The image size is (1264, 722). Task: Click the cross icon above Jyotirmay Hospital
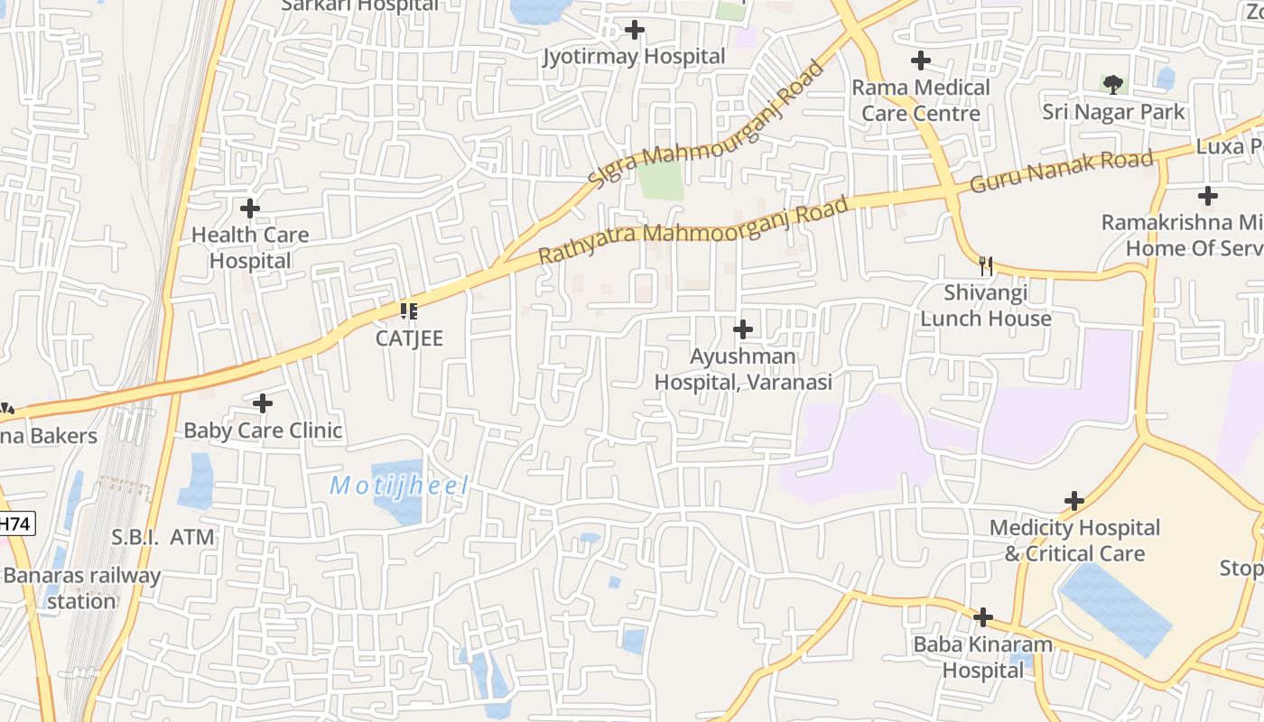point(635,31)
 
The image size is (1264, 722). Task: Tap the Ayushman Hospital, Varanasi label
point(743,369)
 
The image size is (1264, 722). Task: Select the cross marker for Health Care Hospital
point(250,208)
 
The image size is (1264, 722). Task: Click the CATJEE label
point(410,338)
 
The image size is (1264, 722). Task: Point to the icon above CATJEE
point(409,311)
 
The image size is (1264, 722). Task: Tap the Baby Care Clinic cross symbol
point(263,403)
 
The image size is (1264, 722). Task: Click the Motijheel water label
point(399,486)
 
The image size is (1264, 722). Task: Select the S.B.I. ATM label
point(163,538)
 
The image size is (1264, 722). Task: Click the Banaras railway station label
point(82,588)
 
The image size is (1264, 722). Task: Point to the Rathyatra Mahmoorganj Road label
point(693,231)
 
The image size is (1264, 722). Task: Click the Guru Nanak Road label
point(1062,171)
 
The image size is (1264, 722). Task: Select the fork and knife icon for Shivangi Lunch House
point(986,266)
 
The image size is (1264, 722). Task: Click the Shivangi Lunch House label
point(986,306)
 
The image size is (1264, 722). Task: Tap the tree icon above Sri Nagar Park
point(1113,85)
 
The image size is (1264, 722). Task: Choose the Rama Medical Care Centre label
point(921,100)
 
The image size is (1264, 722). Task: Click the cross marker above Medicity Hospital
point(1074,501)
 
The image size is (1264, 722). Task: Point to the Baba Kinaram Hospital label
point(983,658)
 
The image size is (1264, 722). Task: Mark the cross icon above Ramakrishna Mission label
point(1207,196)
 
